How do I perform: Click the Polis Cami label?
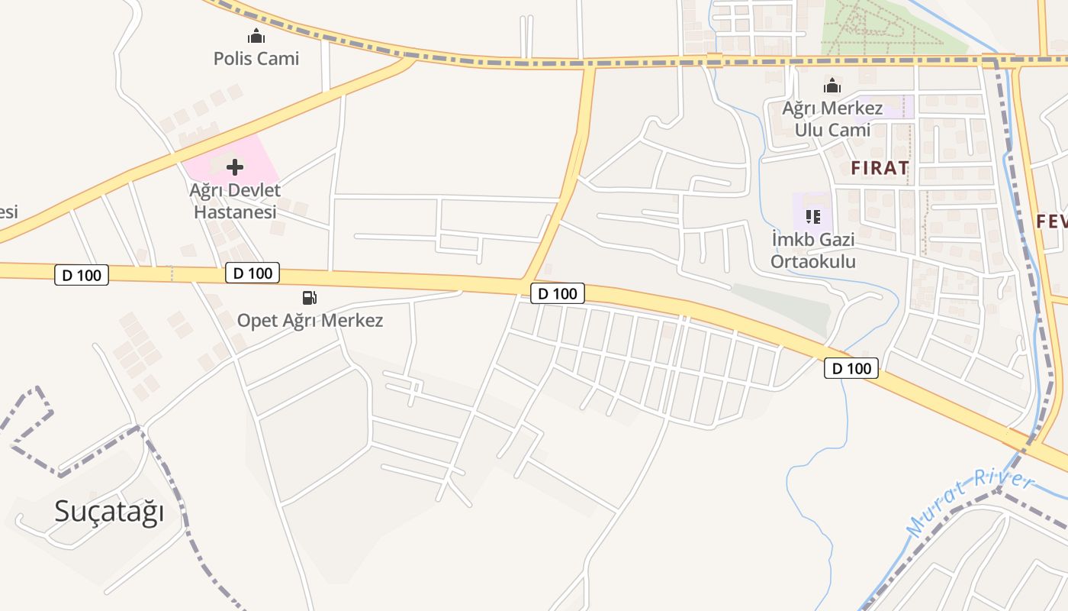[256, 59]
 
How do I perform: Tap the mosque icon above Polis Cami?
[256, 36]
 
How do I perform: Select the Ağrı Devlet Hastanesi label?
[235, 201]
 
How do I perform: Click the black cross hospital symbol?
[235, 166]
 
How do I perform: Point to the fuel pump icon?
[310, 298]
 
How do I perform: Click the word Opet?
[259, 320]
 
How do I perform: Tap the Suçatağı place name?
[109, 512]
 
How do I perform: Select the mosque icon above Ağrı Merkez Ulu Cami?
[832, 86]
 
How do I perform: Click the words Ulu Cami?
[832, 130]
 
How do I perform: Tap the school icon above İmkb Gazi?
[813, 217]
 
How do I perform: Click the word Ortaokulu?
[813, 262]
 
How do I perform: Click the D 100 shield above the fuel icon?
[253, 273]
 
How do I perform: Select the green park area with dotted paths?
[893, 27]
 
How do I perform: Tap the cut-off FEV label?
[1052, 221]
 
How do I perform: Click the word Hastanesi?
[235, 212]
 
